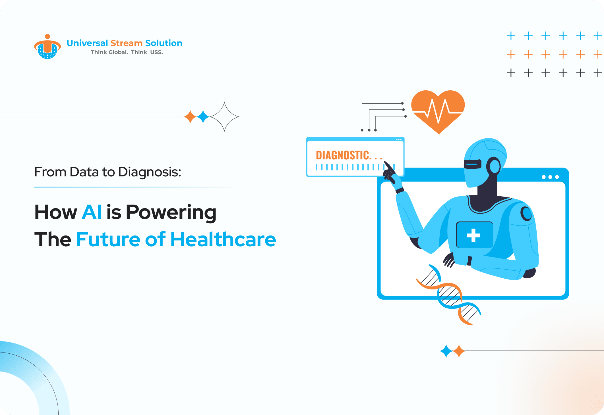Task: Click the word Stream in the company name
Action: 126,43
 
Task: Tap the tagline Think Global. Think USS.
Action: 127,52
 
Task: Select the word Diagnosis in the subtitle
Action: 150,172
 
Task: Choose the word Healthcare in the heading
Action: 223,239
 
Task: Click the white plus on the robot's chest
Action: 473,235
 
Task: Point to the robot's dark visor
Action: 473,164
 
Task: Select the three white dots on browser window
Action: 550,177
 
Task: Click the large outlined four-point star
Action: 224,117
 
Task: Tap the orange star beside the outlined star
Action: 191,117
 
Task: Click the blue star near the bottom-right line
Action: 446,351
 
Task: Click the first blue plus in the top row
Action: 511,36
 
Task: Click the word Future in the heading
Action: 108,239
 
